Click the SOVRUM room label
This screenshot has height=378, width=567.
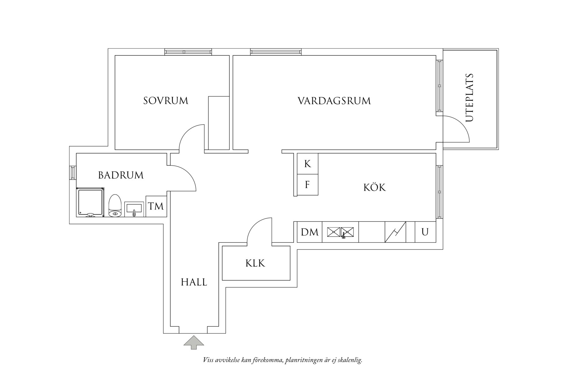click(x=166, y=101)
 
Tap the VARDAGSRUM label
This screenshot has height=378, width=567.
click(x=334, y=101)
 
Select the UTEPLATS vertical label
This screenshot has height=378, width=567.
click(x=470, y=98)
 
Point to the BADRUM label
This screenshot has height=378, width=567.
click(x=121, y=175)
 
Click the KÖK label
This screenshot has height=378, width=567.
click(x=375, y=187)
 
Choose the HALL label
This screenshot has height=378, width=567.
click(x=194, y=282)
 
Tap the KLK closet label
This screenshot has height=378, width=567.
click(x=255, y=263)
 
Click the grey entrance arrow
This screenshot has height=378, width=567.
click(x=194, y=342)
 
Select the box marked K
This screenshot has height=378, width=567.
click(x=307, y=164)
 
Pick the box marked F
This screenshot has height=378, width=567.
click(x=307, y=185)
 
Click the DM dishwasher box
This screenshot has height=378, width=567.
click(x=310, y=232)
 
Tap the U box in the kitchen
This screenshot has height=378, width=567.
click(x=425, y=232)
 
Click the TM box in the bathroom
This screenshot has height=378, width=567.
click(x=156, y=206)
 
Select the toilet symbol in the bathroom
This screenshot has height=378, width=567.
click(x=115, y=206)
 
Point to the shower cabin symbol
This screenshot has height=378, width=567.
click(x=90, y=203)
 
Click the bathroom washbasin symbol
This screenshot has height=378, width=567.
click(x=134, y=209)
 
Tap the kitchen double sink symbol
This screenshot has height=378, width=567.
click(x=341, y=232)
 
